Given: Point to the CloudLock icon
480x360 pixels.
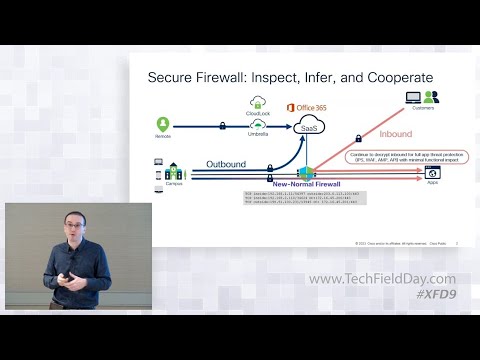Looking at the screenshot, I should click(257, 102).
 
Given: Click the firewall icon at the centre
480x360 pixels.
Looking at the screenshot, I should click(306, 172).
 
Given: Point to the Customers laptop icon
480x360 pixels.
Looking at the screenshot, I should click(412, 98).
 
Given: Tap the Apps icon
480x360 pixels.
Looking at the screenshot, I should click(433, 172).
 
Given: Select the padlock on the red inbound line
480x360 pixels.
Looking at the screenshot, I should click(358, 138).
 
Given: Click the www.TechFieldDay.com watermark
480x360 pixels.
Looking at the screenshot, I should click(381, 279).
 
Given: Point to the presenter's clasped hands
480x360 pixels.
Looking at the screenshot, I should click(68, 281).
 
